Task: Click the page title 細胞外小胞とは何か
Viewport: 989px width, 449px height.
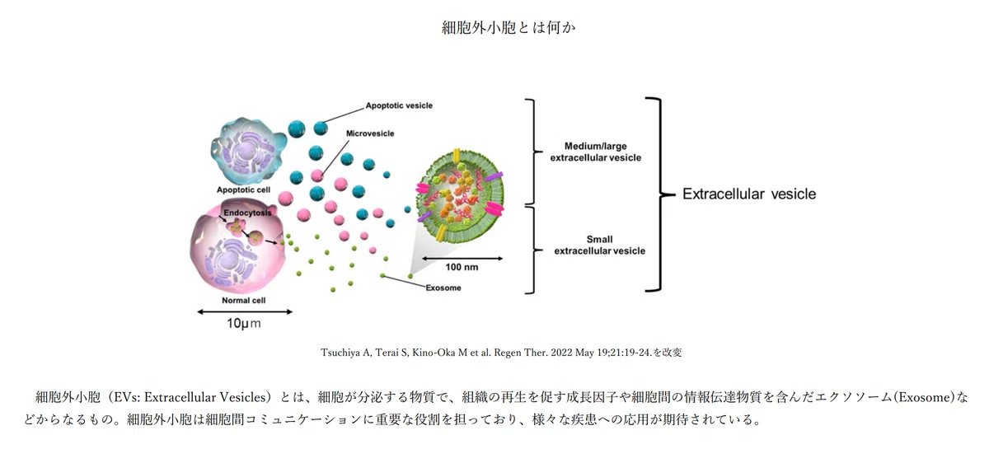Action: (x=509, y=28)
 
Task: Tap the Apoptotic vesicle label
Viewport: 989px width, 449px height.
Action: (x=399, y=105)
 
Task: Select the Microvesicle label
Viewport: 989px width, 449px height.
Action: (x=370, y=133)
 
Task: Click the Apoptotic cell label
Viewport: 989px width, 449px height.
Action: (x=243, y=189)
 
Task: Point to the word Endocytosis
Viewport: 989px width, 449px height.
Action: (x=247, y=213)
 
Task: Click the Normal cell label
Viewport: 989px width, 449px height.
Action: (x=244, y=301)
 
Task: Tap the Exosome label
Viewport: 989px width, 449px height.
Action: (x=443, y=288)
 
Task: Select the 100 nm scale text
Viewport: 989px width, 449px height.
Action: (x=462, y=267)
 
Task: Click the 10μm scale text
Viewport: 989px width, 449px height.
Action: (x=244, y=324)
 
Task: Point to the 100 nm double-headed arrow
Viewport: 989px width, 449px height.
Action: (x=462, y=258)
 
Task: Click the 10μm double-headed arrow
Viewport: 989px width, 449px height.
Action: (x=245, y=311)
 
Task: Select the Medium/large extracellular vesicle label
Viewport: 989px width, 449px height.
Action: (x=596, y=152)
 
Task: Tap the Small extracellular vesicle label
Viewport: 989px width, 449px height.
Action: (x=600, y=245)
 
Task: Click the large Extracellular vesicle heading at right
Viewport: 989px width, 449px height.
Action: (x=749, y=194)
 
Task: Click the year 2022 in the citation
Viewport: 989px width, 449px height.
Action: (x=561, y=353)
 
